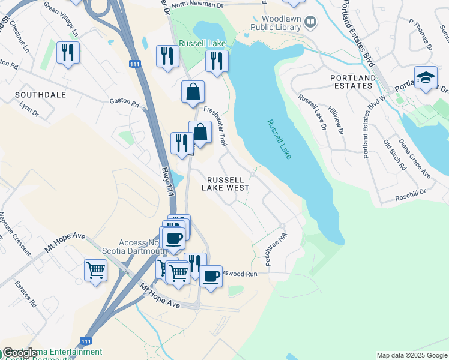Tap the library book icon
click(x=310, y=23)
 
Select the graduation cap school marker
click(x=426, y=78)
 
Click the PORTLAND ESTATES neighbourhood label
click(x=352, y=82)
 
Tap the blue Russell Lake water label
click(x=279, y=139)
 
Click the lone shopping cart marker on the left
click(x=95, y=271)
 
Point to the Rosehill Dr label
click(x=410, y=192)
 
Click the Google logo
click(x=19, y=353)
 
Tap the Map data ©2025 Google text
click(x=411, y=355)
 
